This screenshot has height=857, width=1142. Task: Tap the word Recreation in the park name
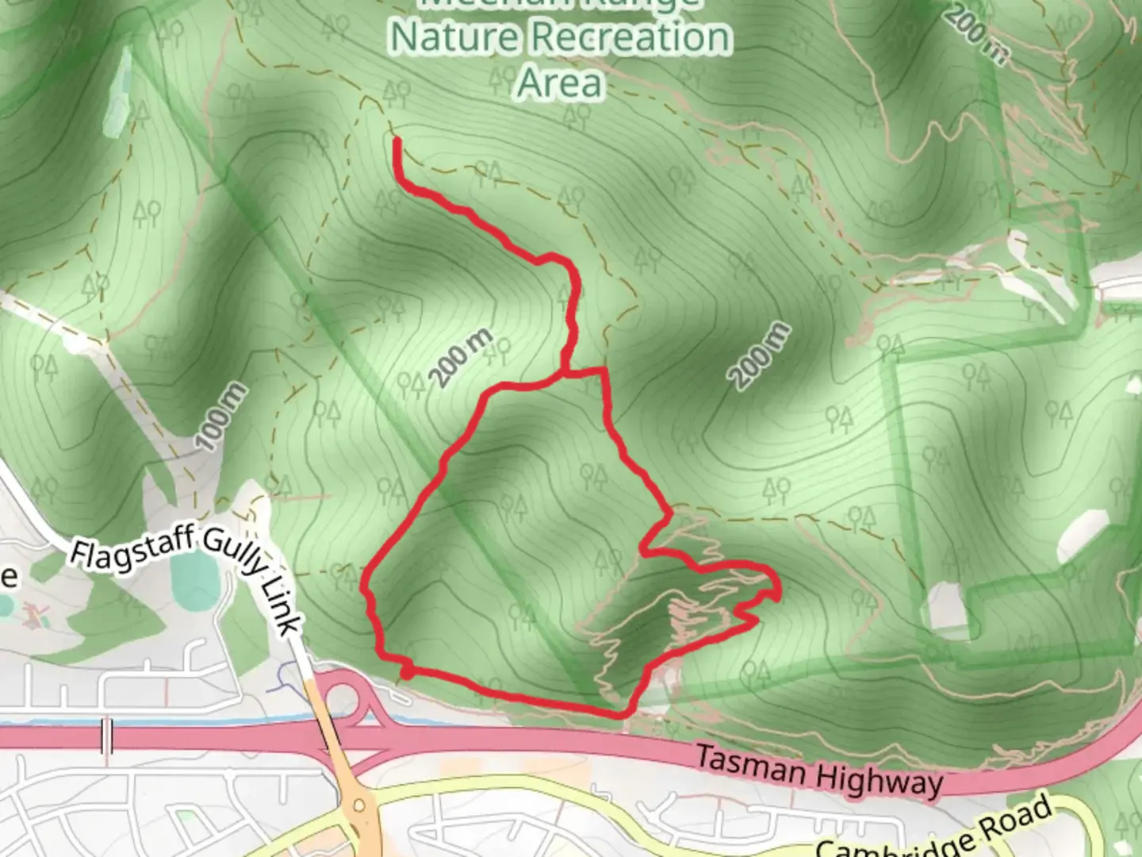pos(631,37)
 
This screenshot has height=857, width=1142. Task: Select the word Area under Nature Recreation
pos(560,83)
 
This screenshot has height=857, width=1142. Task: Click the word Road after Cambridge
pos(1017,817)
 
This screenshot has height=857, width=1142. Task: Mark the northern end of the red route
pos(396,140)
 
